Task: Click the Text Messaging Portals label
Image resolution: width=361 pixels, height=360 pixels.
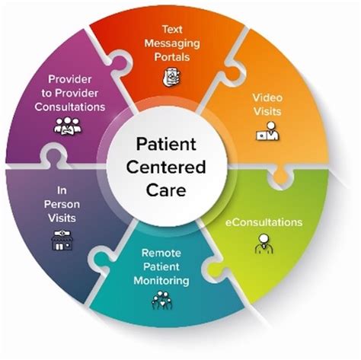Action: pos(169,45)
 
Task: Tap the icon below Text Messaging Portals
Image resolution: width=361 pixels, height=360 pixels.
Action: pos(169,76)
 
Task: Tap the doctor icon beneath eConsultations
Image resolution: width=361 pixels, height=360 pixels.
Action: pos(261,245)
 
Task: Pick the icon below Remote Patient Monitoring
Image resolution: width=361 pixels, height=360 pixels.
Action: pos(162,302)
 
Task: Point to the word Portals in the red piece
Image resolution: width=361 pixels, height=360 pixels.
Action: pos(169,57)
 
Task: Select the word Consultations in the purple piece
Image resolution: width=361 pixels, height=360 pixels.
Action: pos(70,106)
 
